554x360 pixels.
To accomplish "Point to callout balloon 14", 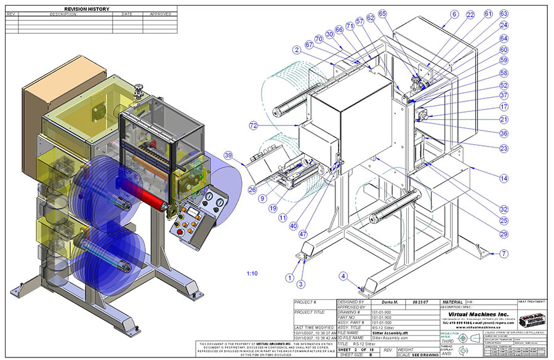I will click(504, 178).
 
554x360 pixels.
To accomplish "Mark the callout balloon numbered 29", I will click(504, 234).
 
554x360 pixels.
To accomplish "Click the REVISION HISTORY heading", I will click(90, 9).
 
